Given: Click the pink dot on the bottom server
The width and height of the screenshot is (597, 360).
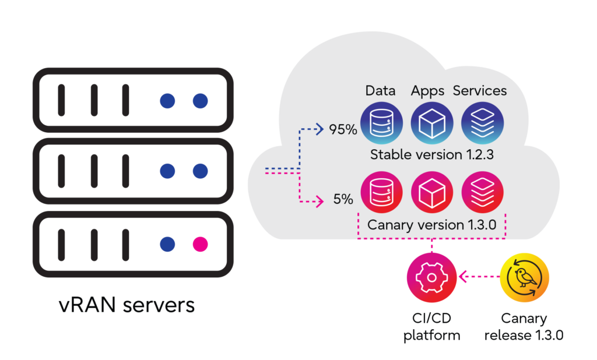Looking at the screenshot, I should (x=200, y=244).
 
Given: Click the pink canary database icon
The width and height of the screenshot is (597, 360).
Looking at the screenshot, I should (x=380, y=192).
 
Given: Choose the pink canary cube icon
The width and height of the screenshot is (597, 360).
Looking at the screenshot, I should (x=431, y=192).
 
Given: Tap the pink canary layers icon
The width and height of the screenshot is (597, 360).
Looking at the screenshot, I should (x=482, y=192).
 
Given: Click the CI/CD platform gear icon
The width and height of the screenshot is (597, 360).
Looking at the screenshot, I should (x=431, y=277).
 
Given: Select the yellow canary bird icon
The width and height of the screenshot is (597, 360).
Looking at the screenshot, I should (x=525, y=277).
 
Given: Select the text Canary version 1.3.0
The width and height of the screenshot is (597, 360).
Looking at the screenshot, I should (x=431, y=224).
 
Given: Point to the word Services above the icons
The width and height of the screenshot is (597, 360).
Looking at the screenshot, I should (x=480, y=91).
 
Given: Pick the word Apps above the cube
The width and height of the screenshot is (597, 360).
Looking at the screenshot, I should (x=427, y=91).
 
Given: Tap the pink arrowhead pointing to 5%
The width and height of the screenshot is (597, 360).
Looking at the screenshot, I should (x=319, y=203).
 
